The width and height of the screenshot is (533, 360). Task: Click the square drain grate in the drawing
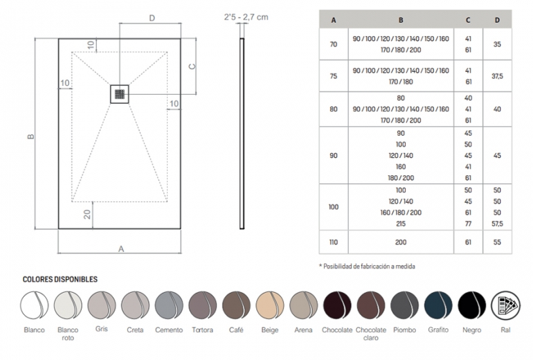(x=120, y=94)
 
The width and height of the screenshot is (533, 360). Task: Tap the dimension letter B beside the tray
(x=30, y=136)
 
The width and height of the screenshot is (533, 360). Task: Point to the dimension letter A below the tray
(x=121, y=249)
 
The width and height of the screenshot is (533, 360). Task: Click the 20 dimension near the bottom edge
(x=87, y=214)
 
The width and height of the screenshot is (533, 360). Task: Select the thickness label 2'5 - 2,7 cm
(x=246, y=17)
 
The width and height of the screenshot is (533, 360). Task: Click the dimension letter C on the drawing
(x=192, y=66)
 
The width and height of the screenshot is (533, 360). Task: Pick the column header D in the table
(x=497, y=20)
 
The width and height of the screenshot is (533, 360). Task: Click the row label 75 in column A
(x=334, y=76)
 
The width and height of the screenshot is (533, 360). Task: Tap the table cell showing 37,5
(x=497, y=76)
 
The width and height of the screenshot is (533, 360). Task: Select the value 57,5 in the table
(x=497, y=224)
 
